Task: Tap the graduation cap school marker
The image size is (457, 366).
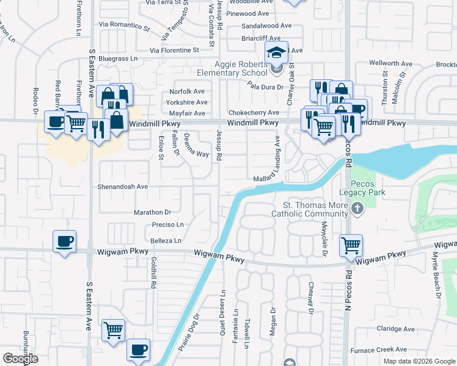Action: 276,53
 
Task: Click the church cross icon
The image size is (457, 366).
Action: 358,210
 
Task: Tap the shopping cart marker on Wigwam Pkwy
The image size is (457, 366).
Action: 351,245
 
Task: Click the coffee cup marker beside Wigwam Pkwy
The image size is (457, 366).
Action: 64,241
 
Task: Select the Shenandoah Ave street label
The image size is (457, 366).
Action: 123,187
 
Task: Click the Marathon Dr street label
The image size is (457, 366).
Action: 152,212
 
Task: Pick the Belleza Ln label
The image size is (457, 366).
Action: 166,241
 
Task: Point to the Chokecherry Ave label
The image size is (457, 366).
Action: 254,113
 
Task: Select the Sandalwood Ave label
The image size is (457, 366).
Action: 266,26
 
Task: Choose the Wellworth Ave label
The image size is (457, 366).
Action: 392,63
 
